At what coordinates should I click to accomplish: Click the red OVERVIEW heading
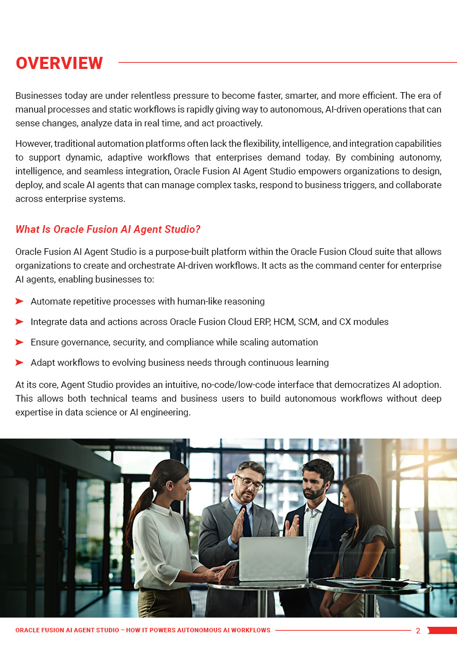pyautogui.click(x=59, y=63)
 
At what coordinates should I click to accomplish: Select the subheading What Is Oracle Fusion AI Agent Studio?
pyautogui.click(x=108, y=229)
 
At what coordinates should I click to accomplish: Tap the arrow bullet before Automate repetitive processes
pyautogui.click(x=19, y=301)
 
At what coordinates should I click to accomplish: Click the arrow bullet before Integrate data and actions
pyautogui.click(x=19, y=322)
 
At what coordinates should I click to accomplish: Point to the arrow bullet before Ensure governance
pyautogui.click(x=19, y=342)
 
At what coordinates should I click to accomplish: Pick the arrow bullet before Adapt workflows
pyautogui.click(x=19, y=363)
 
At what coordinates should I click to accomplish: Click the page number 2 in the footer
pyautogui.click(x=418, y=631)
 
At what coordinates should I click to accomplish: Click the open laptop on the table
pyautogui.click(x=272, y=558)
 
